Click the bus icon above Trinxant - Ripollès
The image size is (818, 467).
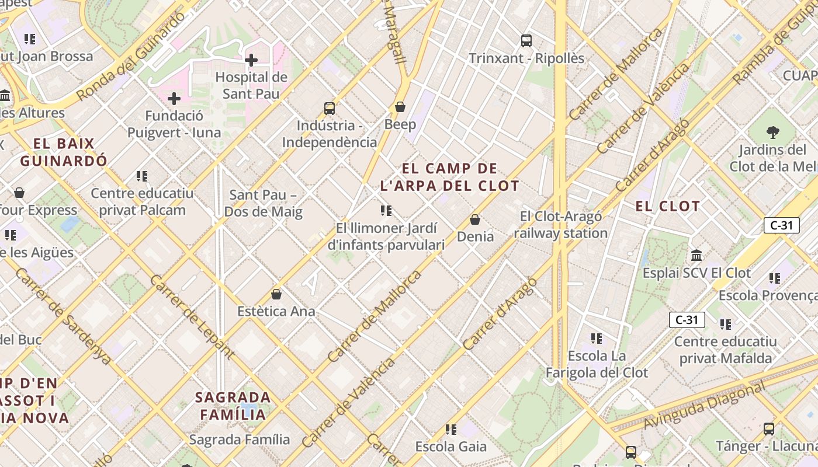tap(526, 41)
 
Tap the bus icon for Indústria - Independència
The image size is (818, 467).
tap(330, 108)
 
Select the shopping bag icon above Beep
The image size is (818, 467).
tap(400, 107)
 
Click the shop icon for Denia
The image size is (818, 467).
tap(475, 219)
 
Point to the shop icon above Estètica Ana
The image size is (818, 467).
tap(276, 294)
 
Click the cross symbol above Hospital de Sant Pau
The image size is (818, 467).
tap(251, 60)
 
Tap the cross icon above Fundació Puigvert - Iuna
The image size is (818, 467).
tap(174, 99)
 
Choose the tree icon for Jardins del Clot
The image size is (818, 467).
tap(773, 133)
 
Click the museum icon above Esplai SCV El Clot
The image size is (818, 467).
tap(696, 255)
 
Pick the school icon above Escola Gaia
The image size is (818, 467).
tap(450, 430)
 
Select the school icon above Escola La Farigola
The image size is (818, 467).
tap(596, 339)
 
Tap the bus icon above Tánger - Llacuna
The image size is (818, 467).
tap(769, 429)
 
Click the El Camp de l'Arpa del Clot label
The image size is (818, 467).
tap(449, 177)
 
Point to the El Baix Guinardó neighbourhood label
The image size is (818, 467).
tap(64, 152)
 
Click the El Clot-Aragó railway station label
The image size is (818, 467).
tap(561, 225)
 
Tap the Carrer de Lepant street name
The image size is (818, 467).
tap(192, 316)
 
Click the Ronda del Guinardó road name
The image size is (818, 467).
tap(130, 57)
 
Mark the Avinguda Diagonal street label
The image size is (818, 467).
tap(703, 406)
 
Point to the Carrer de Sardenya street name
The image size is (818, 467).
tap(63, 315)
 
